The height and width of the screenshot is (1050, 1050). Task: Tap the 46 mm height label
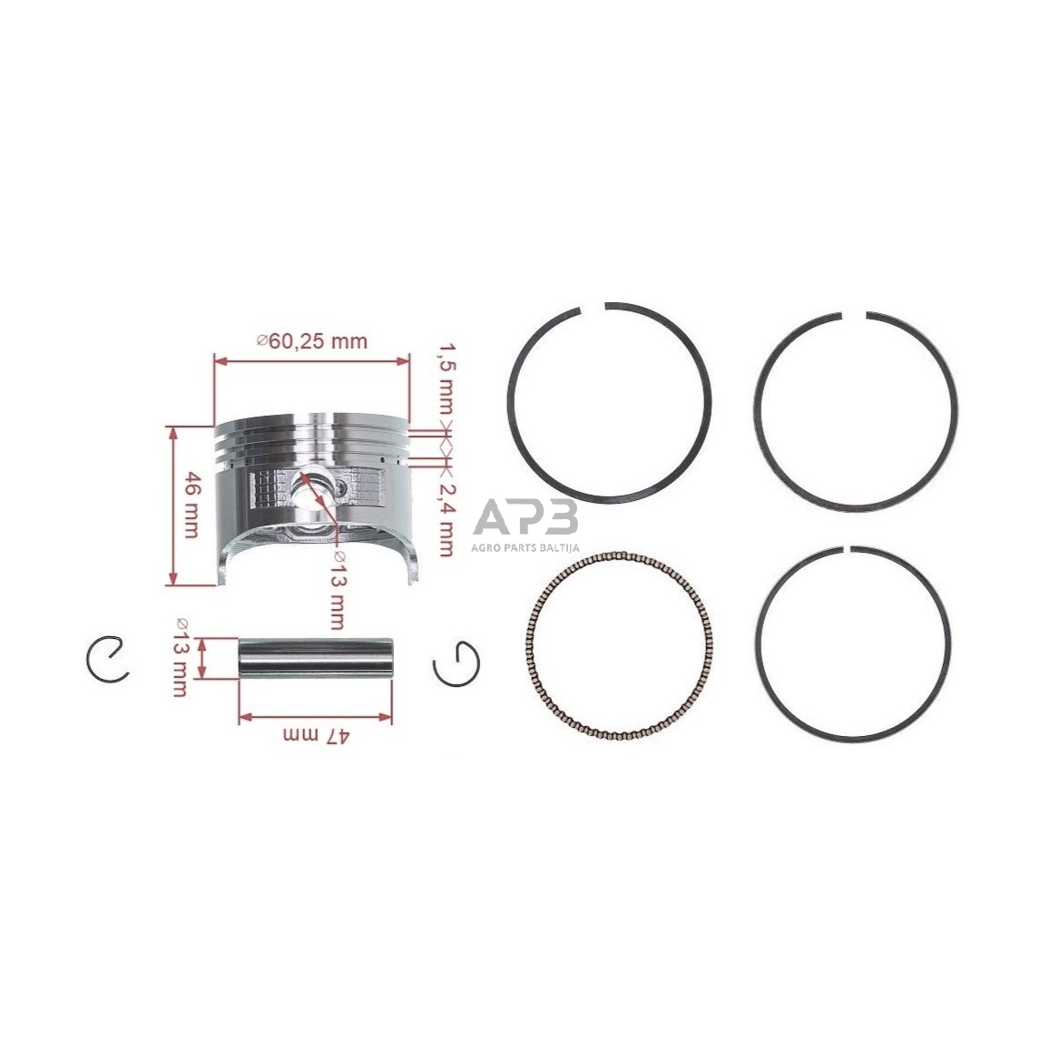[x=191, y=505]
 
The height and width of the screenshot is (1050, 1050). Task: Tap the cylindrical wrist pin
[x=316, y=670]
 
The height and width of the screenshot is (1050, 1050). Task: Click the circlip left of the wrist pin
[x=108, y=660]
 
